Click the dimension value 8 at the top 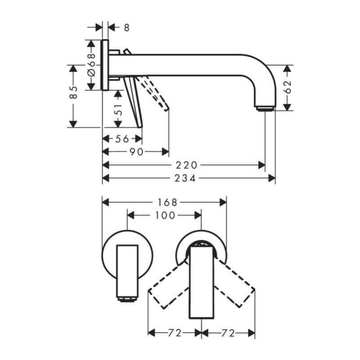pyautogui.click(x=127, y=28)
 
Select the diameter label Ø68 pyautogui.click(x=91, y=65)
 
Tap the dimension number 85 pyautogui.click(x=73, y=93)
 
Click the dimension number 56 pyautogui.click(x=122, y=139)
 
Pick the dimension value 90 pyautogui.click(x=137, y=152)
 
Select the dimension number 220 pyautogui.click(x=186, y=165)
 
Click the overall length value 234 pyautogui.click(x=185, y=178)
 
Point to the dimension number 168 pyautogui.click(x=167, y=202)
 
